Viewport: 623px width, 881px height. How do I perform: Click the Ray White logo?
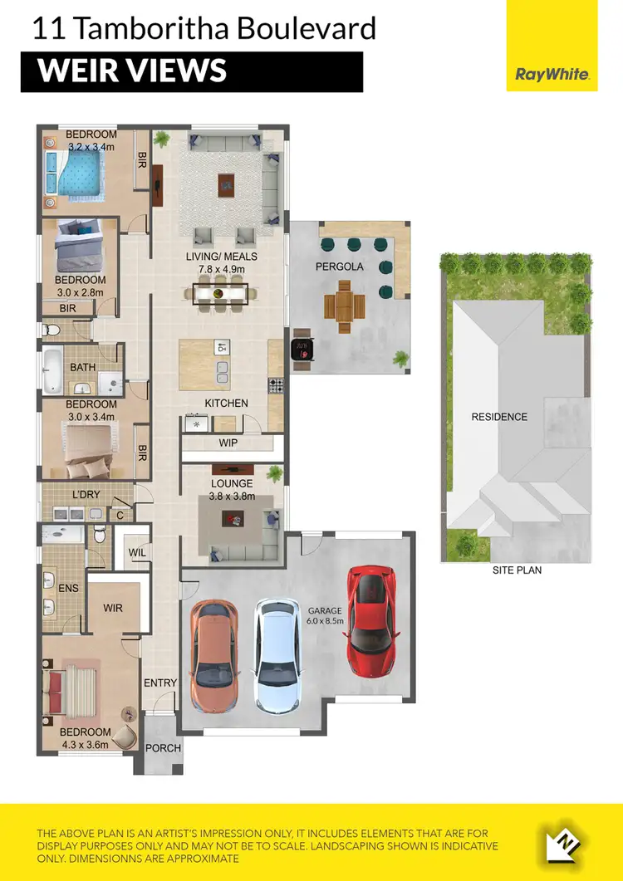552,74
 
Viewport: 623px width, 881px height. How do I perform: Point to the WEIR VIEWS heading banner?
192,71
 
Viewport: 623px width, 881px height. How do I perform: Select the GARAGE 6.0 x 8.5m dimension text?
325,614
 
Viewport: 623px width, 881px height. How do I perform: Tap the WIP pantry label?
228,443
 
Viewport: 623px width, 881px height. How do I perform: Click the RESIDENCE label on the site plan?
499,416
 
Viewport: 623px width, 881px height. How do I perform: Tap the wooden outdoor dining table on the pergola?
343,306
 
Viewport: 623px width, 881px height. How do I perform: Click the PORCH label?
163,747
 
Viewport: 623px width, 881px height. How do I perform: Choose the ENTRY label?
160,683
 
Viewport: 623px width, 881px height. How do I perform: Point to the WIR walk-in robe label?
113,608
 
